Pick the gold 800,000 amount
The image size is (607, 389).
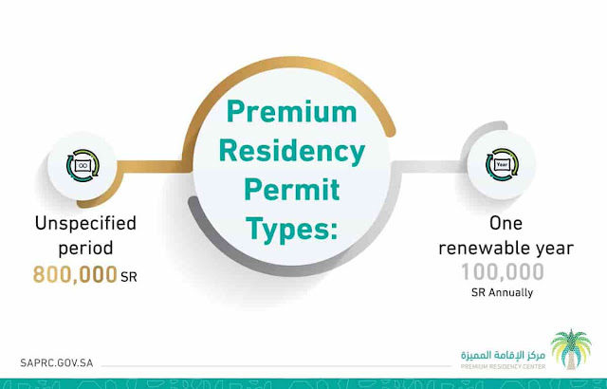pyautogui.click(x=74, y=276)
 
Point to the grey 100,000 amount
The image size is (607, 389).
pyautogui.click(x=503, y=274)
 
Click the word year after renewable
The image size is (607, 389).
pyautogui.click(x=553, y=250)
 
